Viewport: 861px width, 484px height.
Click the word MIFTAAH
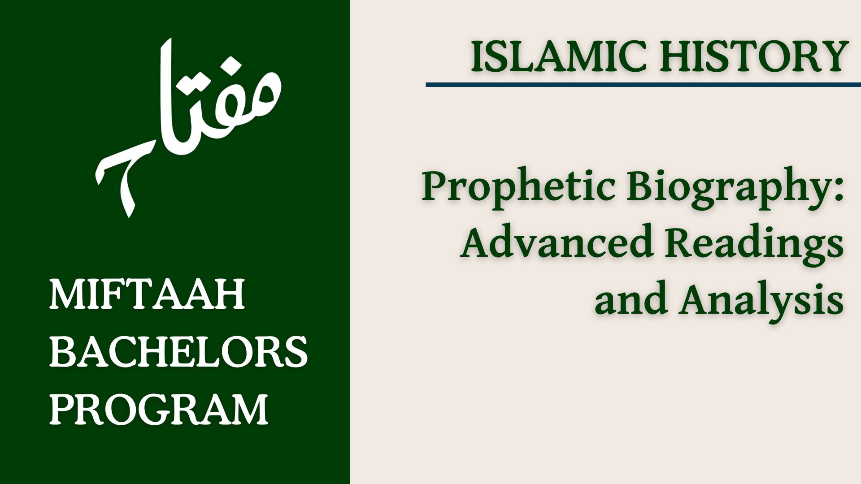tap(147, 294)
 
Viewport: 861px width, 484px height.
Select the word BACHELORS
tap(178, 352)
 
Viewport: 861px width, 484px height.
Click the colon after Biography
tap(839, 188)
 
